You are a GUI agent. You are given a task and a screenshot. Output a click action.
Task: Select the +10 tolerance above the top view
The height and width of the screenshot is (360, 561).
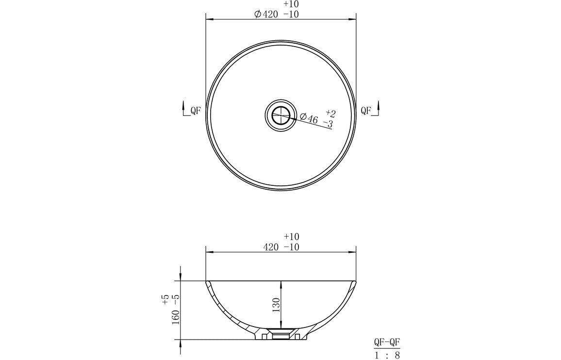tap(291, 4)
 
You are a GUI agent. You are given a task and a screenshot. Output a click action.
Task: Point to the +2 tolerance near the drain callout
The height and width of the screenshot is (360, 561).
tap(330, 114)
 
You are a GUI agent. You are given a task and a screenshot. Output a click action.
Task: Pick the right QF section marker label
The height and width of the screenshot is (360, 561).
tap(366, 111)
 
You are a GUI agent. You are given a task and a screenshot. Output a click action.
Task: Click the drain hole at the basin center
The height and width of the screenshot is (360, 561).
tap(280, 115)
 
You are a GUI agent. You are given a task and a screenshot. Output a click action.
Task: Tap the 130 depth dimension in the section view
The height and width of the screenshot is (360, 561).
tap(276, 306)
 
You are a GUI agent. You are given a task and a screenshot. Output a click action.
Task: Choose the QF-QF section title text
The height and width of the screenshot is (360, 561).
tap(387, 342)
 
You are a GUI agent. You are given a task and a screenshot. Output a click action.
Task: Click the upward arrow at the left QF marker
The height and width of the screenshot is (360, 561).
tap(183, 105)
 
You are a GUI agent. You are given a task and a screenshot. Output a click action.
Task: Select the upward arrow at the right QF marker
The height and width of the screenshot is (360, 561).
tap(379, 105)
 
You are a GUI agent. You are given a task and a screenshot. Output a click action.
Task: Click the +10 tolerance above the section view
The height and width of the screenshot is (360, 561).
tap(291, 237)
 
